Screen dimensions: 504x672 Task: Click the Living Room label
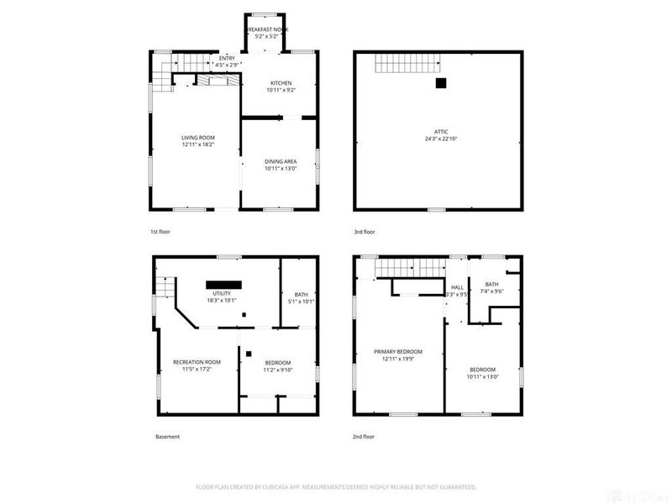coord(194,142)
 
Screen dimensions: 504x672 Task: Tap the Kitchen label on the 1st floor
coord(280,87)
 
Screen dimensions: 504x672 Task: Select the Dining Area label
coord(280,165)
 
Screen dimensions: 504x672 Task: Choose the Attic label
coord(440,134)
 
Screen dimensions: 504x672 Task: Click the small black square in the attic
coord(439,83)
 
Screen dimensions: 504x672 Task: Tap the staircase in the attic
coord(407,63)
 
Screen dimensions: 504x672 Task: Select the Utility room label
coord(222,296)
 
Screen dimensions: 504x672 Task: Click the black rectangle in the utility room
coord(224,284)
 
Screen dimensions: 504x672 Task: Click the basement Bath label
coord(301,297)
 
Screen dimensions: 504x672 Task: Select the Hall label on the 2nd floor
coord(457,291)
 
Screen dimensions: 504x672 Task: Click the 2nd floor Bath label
coord(491,287)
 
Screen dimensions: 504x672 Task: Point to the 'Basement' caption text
coord(167,437)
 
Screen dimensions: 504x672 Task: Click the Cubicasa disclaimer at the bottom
coord(335,486)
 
